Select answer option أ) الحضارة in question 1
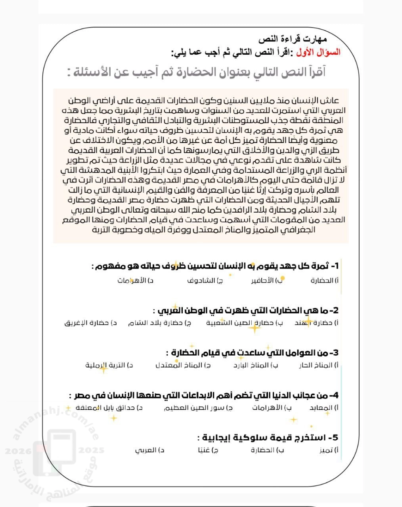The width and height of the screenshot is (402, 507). coord(325,280)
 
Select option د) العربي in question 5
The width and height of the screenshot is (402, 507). coord(149,450)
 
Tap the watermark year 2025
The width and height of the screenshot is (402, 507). coord(91,450)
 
